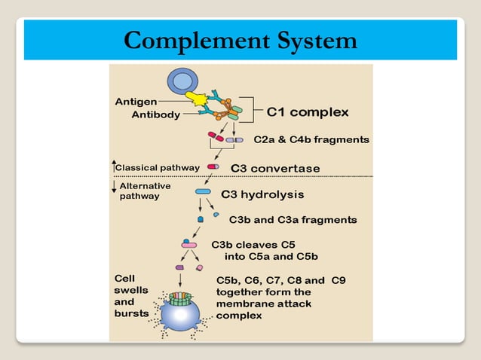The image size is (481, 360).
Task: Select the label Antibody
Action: coord(156,115)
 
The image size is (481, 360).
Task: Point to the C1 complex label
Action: coord(308,113)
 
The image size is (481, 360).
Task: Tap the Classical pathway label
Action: coord(157,167)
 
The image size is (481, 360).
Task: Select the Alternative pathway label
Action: coord(145,191)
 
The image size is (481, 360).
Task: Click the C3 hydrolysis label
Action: coord(262,194)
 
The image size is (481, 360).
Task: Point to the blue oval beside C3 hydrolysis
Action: coord(203,192)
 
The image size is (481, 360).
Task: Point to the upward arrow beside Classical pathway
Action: coord(114,164)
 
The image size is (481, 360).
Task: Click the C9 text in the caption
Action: coord(338,279)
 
